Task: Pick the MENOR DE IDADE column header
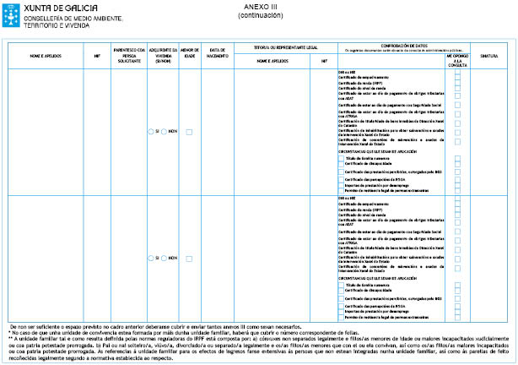click(x=190, y=57)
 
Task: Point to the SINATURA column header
click(x=489, y=57)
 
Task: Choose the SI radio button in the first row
click(x=151, y=132)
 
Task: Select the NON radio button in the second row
click(x=166, y=256)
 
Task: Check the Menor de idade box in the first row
click(x=190, y=132)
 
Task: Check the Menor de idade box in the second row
click(x=190, y=256)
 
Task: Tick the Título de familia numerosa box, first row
click(x=341, y=158)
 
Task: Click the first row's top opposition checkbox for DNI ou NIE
click(x=457, y=72)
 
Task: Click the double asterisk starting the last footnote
click(x=9, y=337)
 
